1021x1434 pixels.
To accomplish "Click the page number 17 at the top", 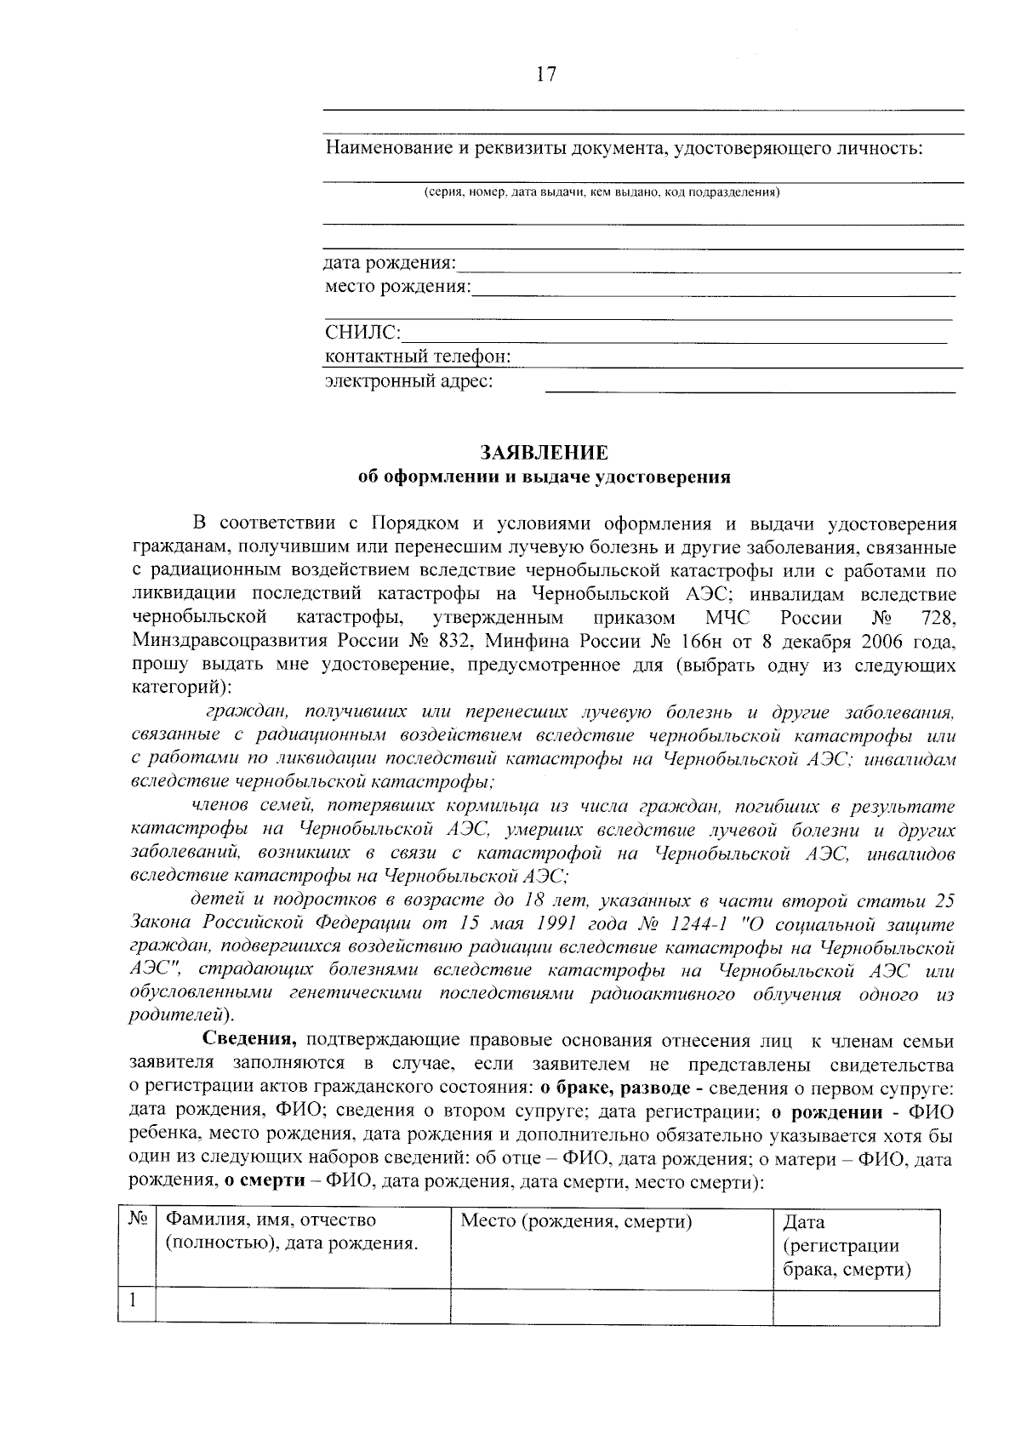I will [x=545, y=74].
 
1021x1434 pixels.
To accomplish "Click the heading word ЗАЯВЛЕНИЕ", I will [x=545, y=452].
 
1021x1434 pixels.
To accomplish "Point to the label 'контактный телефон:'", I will [x=418, y=357].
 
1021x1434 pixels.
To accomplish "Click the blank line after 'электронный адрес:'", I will [x=749, y=385].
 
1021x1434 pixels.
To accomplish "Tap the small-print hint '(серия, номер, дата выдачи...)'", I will [x=602, y=192].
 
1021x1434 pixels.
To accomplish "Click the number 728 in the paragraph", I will [x=938, y=617].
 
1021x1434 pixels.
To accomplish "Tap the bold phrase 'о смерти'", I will [x=260, y=1183].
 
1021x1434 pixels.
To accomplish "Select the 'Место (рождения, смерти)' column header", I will [x=576, y=1222].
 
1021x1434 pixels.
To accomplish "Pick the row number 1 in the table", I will [x=134, y=1300].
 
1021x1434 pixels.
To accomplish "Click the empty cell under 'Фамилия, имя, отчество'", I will [x=303, y=1306].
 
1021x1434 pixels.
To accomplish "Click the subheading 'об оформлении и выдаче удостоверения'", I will [x=545, y=477].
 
